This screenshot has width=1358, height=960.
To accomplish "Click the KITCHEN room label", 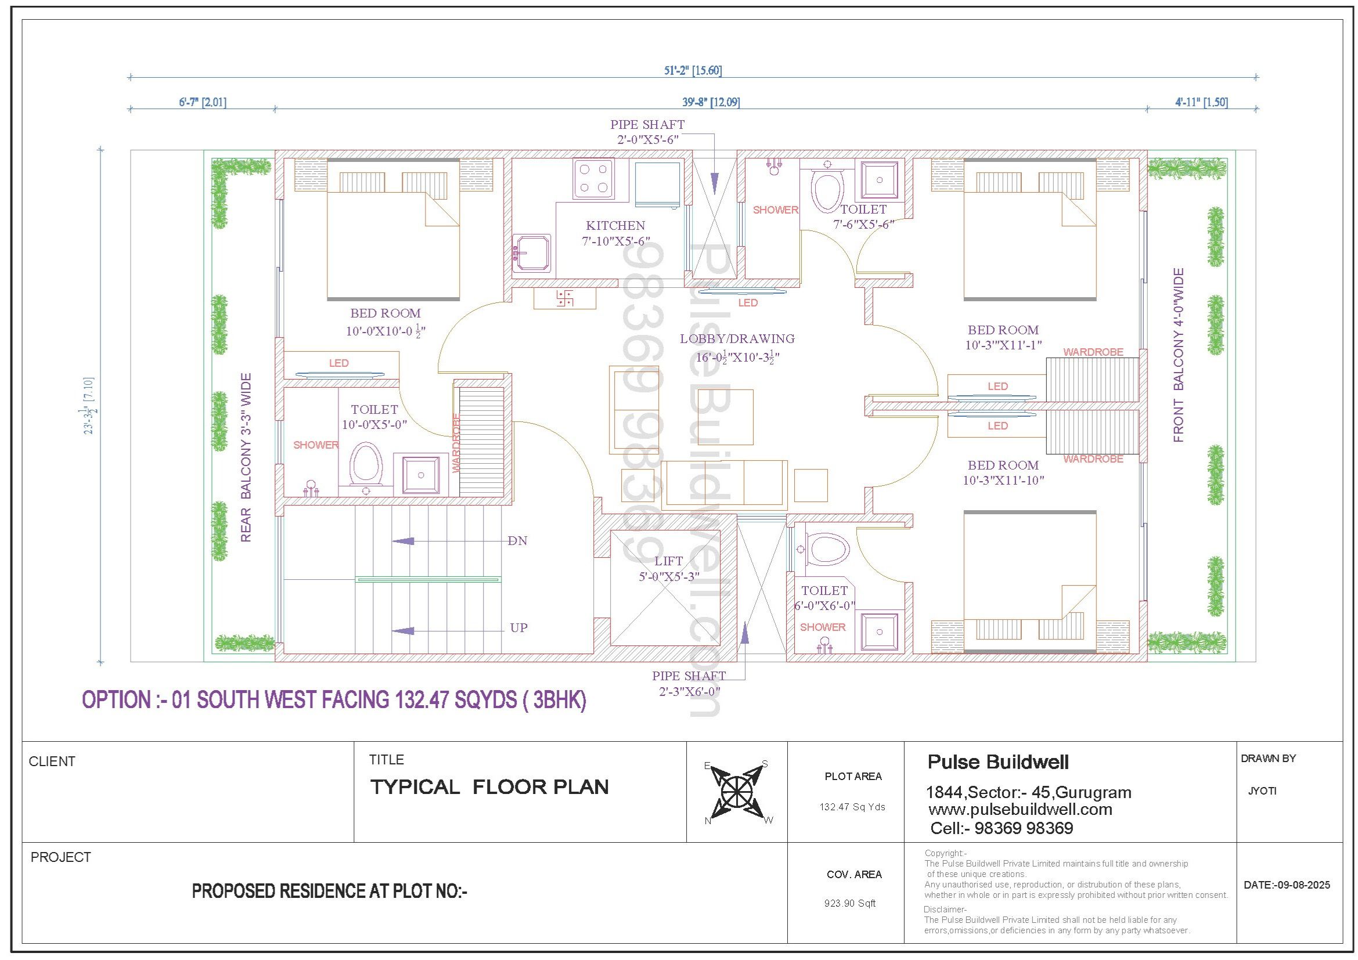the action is [615, 225].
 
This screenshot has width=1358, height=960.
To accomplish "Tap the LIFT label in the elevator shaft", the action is [668, 561].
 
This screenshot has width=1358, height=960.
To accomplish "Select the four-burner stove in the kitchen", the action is [593, 179].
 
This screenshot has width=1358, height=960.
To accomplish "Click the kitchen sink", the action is [532, 254].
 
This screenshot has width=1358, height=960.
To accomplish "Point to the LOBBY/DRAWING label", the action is [737, 339].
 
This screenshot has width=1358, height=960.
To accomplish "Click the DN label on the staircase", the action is [517, 541].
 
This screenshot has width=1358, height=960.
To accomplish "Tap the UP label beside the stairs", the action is [518, 628].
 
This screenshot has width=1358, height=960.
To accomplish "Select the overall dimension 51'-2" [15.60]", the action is [693, 70].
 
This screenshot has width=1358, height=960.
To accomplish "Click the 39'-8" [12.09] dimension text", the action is [711, 102].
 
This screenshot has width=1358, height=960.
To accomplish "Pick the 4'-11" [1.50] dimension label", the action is [1201, 102].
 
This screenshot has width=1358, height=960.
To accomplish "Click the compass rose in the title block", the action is [737, 791].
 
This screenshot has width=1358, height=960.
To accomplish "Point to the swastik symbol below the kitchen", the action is [564, 298].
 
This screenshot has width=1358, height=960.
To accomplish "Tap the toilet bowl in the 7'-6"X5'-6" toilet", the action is [827, 189].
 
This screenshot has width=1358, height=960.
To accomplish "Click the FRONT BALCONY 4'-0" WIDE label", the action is [1179, 355].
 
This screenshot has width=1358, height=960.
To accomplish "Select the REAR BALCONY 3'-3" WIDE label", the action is [246, 457].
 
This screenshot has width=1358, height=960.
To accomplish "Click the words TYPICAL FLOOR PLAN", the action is [489, 787].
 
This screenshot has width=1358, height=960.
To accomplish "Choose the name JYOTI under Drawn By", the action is [1262, 791].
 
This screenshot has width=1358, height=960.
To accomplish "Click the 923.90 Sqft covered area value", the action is [850, 903].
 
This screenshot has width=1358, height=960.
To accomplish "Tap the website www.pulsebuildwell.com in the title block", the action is [1020, 809].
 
